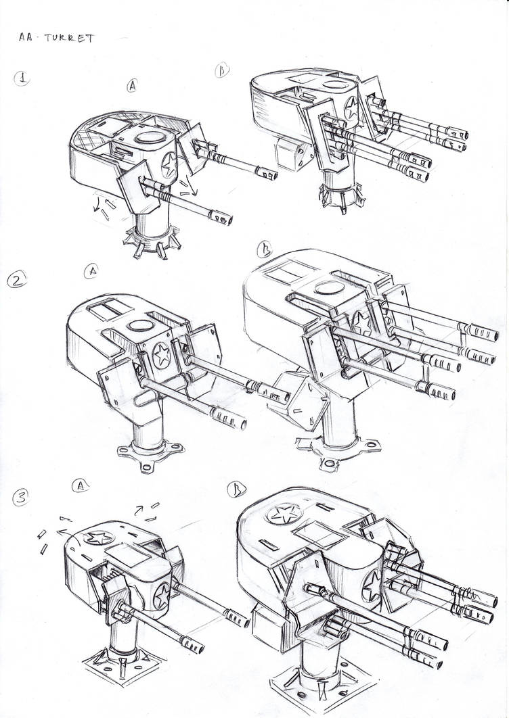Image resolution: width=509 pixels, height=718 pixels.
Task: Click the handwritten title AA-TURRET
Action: point(57,38)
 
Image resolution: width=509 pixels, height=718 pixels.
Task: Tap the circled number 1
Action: point(24,78)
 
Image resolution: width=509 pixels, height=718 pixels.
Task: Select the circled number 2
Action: point(16,280)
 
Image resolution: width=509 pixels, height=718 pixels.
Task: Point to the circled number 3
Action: point(21,498)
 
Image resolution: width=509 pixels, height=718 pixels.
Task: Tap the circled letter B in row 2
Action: point(265,252)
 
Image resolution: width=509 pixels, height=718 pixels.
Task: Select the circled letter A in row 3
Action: point(81,485)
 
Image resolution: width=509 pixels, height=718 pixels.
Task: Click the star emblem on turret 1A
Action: point(169,163)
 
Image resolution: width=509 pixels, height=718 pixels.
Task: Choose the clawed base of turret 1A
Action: point(150,240)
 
